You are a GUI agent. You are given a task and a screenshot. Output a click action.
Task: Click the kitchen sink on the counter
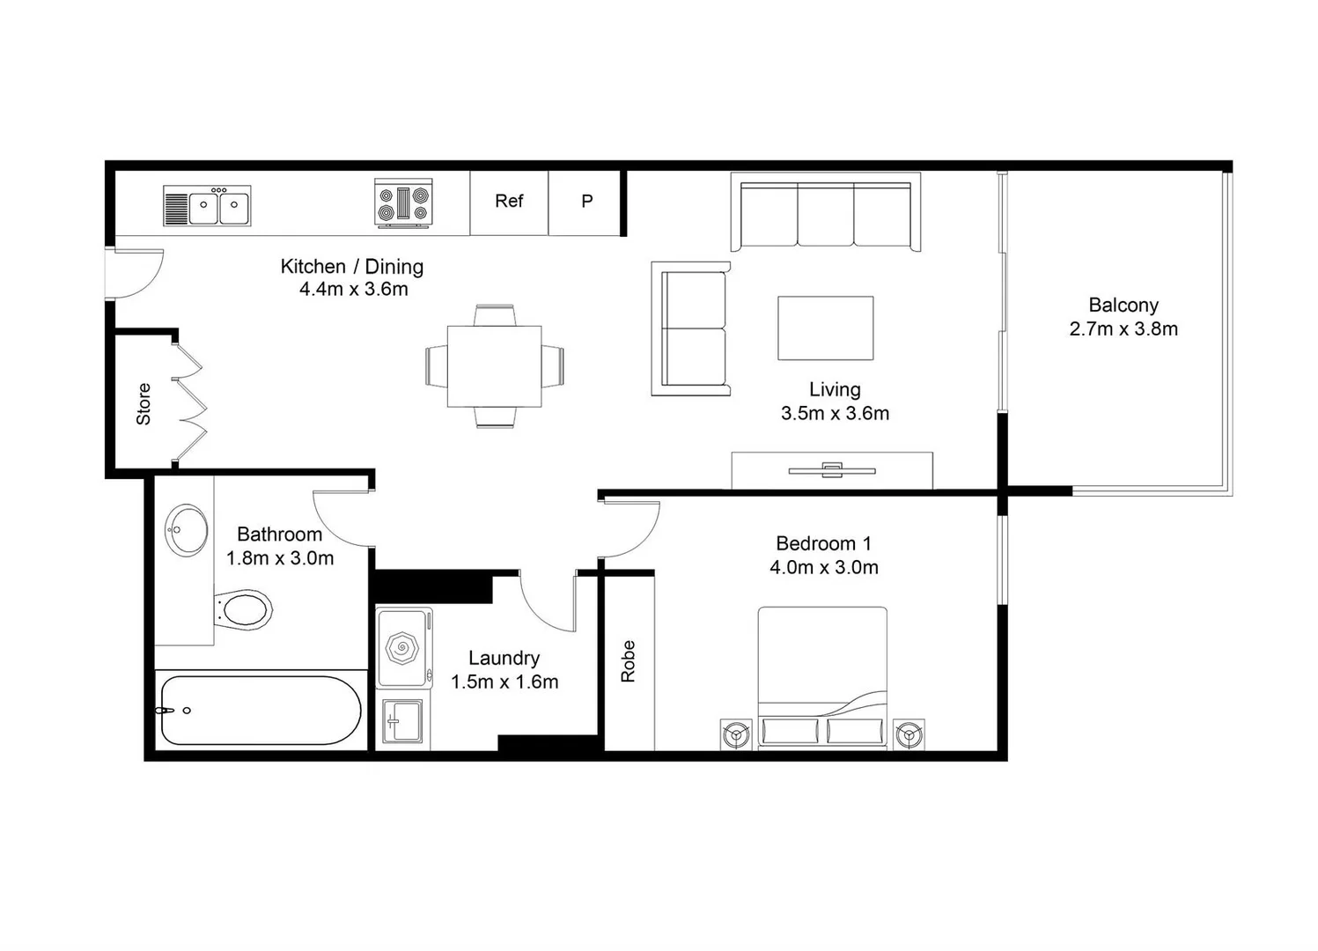point(208,206)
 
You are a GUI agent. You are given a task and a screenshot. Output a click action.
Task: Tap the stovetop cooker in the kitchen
point(403,203)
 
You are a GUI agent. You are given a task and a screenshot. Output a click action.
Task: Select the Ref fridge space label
point(509,202)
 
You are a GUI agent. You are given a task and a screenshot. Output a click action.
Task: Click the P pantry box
point(586,202)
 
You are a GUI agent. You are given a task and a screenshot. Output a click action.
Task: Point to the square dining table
point(494,366)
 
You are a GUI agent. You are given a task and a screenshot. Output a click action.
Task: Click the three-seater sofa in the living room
point(826,214)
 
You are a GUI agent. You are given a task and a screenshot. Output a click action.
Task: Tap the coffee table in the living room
point(825,328)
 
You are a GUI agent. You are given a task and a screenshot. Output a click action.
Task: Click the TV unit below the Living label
point(831,470)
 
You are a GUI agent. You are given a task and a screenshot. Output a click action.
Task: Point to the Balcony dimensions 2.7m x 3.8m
point(1123,329)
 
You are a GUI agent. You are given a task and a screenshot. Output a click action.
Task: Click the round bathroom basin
point(187,530)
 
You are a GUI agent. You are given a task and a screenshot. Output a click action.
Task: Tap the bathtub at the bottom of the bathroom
point(260,711)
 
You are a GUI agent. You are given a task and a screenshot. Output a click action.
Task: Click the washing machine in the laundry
point(403,649)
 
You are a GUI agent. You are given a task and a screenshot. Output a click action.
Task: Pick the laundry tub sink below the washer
point(403,722)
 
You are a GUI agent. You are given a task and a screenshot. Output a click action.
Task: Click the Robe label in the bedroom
point(628,660)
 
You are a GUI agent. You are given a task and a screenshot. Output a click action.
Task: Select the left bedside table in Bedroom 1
point(736,734)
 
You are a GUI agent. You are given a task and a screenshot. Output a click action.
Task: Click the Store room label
point(144,404)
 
